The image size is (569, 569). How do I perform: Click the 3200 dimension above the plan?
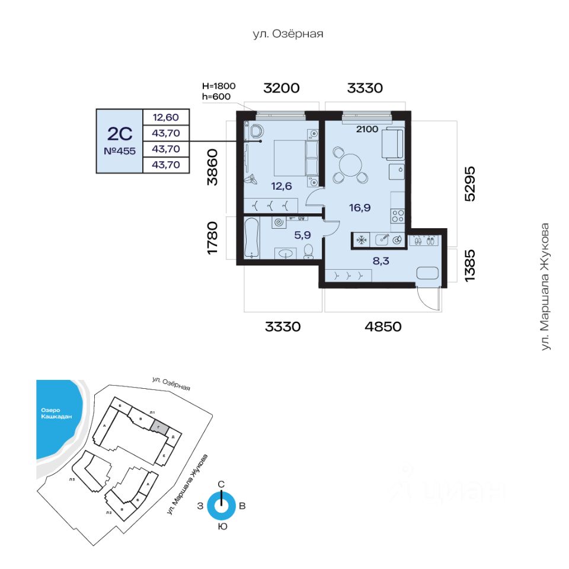(282, 88)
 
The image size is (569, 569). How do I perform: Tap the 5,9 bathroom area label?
(303, 235)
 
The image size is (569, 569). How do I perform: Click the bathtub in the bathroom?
(252, 238)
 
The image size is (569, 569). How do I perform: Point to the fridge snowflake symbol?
(360, 240)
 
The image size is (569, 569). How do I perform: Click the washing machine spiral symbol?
(279, 223)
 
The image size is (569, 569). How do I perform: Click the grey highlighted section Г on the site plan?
(158, 426)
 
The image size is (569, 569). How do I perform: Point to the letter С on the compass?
(221, 484)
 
